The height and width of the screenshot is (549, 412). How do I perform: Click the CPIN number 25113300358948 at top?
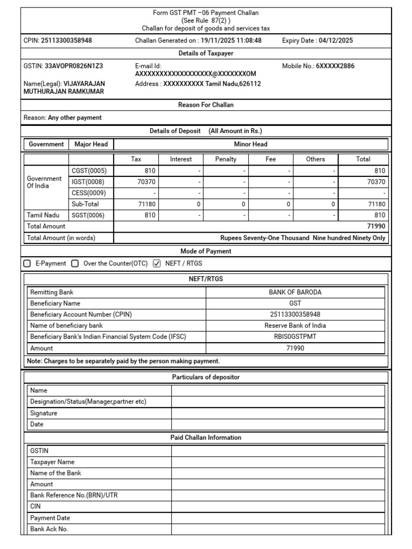tap(66, 40)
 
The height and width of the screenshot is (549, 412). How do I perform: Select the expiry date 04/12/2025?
tap(335, 40)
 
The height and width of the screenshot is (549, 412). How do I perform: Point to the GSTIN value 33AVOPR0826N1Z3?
tap(72, 66)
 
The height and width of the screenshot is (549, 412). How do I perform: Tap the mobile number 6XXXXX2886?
tap(335, 66)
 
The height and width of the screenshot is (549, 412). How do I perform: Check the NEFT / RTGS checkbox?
tap(157, 264)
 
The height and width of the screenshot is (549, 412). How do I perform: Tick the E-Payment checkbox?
tap(27, 264)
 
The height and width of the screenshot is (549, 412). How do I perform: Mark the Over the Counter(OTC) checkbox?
tap(75, 264)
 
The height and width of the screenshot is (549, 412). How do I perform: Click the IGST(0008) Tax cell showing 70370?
tap(136, 182)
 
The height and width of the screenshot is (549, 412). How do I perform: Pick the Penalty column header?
tap(226, 159)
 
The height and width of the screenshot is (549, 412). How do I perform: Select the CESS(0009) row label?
tap(89, 193)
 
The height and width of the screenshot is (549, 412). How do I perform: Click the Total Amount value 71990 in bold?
tap(376, 226)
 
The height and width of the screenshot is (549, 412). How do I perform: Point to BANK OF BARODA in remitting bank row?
tap(295, 292)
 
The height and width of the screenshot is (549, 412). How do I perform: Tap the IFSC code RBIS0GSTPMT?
tap(295, 337)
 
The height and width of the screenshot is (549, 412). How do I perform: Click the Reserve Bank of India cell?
tap(295, 325)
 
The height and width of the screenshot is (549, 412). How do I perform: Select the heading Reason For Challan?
tap(206, 105)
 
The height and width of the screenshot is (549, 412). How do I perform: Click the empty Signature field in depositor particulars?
tap(277, 413)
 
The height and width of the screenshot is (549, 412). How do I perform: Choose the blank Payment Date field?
tap(277, 518)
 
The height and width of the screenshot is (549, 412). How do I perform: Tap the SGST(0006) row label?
tap(89, 215)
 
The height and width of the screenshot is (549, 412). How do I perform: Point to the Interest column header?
tap(181, 159)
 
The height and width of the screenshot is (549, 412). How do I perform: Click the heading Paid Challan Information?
tap(206, 437)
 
